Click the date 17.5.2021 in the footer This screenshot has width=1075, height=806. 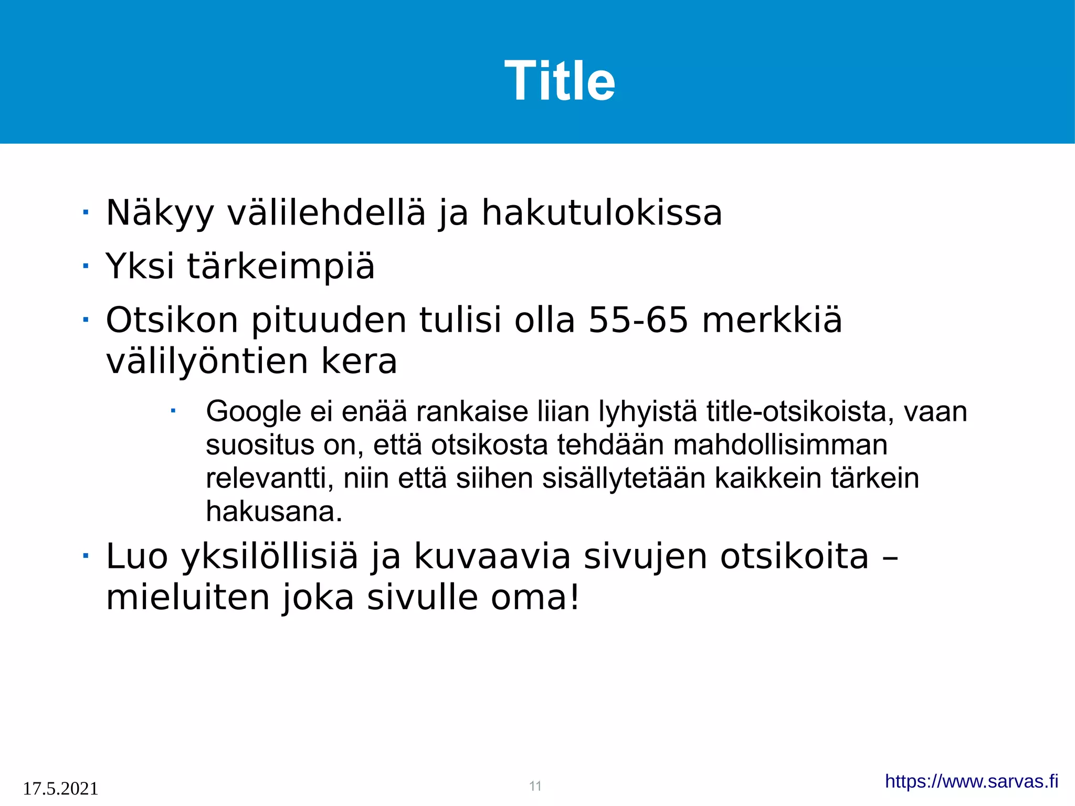(60, 788)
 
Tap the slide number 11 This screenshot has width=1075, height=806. (535, 786)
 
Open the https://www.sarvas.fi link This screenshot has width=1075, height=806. (971, 781)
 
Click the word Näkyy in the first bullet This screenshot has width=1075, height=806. (160, 213)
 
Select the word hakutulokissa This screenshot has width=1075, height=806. (602, 213)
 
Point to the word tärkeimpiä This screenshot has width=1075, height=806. (281, 266)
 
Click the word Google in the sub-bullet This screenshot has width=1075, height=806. (253, 411)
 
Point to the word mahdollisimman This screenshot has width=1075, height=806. (780, 445)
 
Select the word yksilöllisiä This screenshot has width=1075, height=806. (270, 557)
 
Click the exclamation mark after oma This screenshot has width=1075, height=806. (575, 597)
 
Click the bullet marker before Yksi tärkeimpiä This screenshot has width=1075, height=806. (86, 266)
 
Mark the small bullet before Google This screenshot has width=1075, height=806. (172, 411)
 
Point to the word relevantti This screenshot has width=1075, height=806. (265, 479)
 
